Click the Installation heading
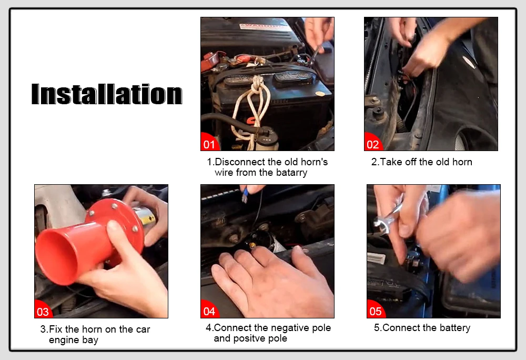pos(107,94)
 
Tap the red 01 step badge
pos(209,142)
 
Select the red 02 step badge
pos(373,142)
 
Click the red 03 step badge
pos(43,310)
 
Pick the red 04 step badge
pos(209,310)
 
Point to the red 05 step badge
pos(376,310)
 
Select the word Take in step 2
pos(391,162)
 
